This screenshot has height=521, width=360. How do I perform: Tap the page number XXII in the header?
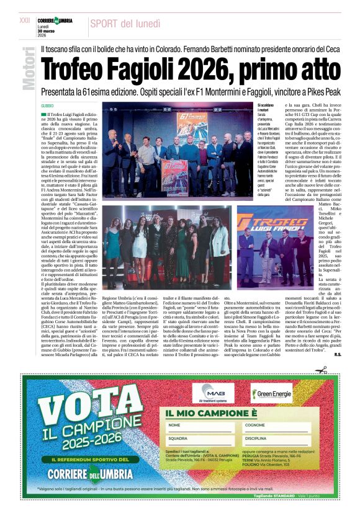[24, 20]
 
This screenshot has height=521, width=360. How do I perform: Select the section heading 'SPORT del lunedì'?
[125, 24]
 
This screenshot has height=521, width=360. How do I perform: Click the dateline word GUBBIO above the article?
[48, 105]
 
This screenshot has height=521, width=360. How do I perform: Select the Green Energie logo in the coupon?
[272, 392]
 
